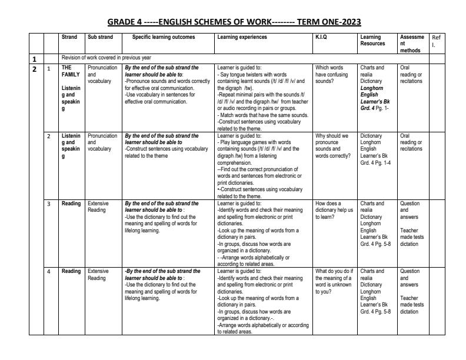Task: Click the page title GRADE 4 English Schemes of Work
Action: (x=234, y=22)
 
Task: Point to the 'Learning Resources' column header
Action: (x=372, y=41)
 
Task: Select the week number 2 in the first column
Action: (x=35, y=69)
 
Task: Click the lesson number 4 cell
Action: (x=49, y=271)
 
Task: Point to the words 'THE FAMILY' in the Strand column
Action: (x=71, y=71)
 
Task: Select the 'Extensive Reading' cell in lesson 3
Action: (x=98, y=207)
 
